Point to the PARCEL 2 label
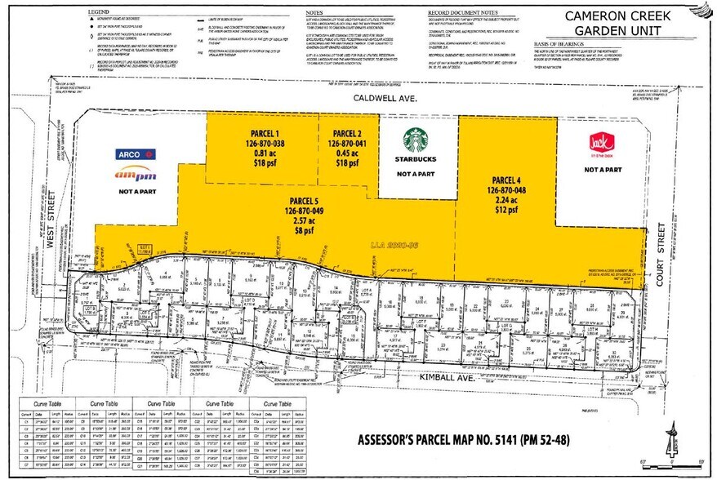(350, 132)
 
